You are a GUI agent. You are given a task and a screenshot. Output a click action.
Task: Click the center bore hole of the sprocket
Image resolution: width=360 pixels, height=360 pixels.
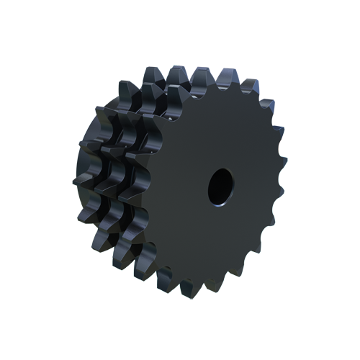(x=220, y=185)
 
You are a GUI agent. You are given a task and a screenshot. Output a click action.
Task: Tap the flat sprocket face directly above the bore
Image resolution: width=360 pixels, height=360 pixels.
(x=220, y=137)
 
